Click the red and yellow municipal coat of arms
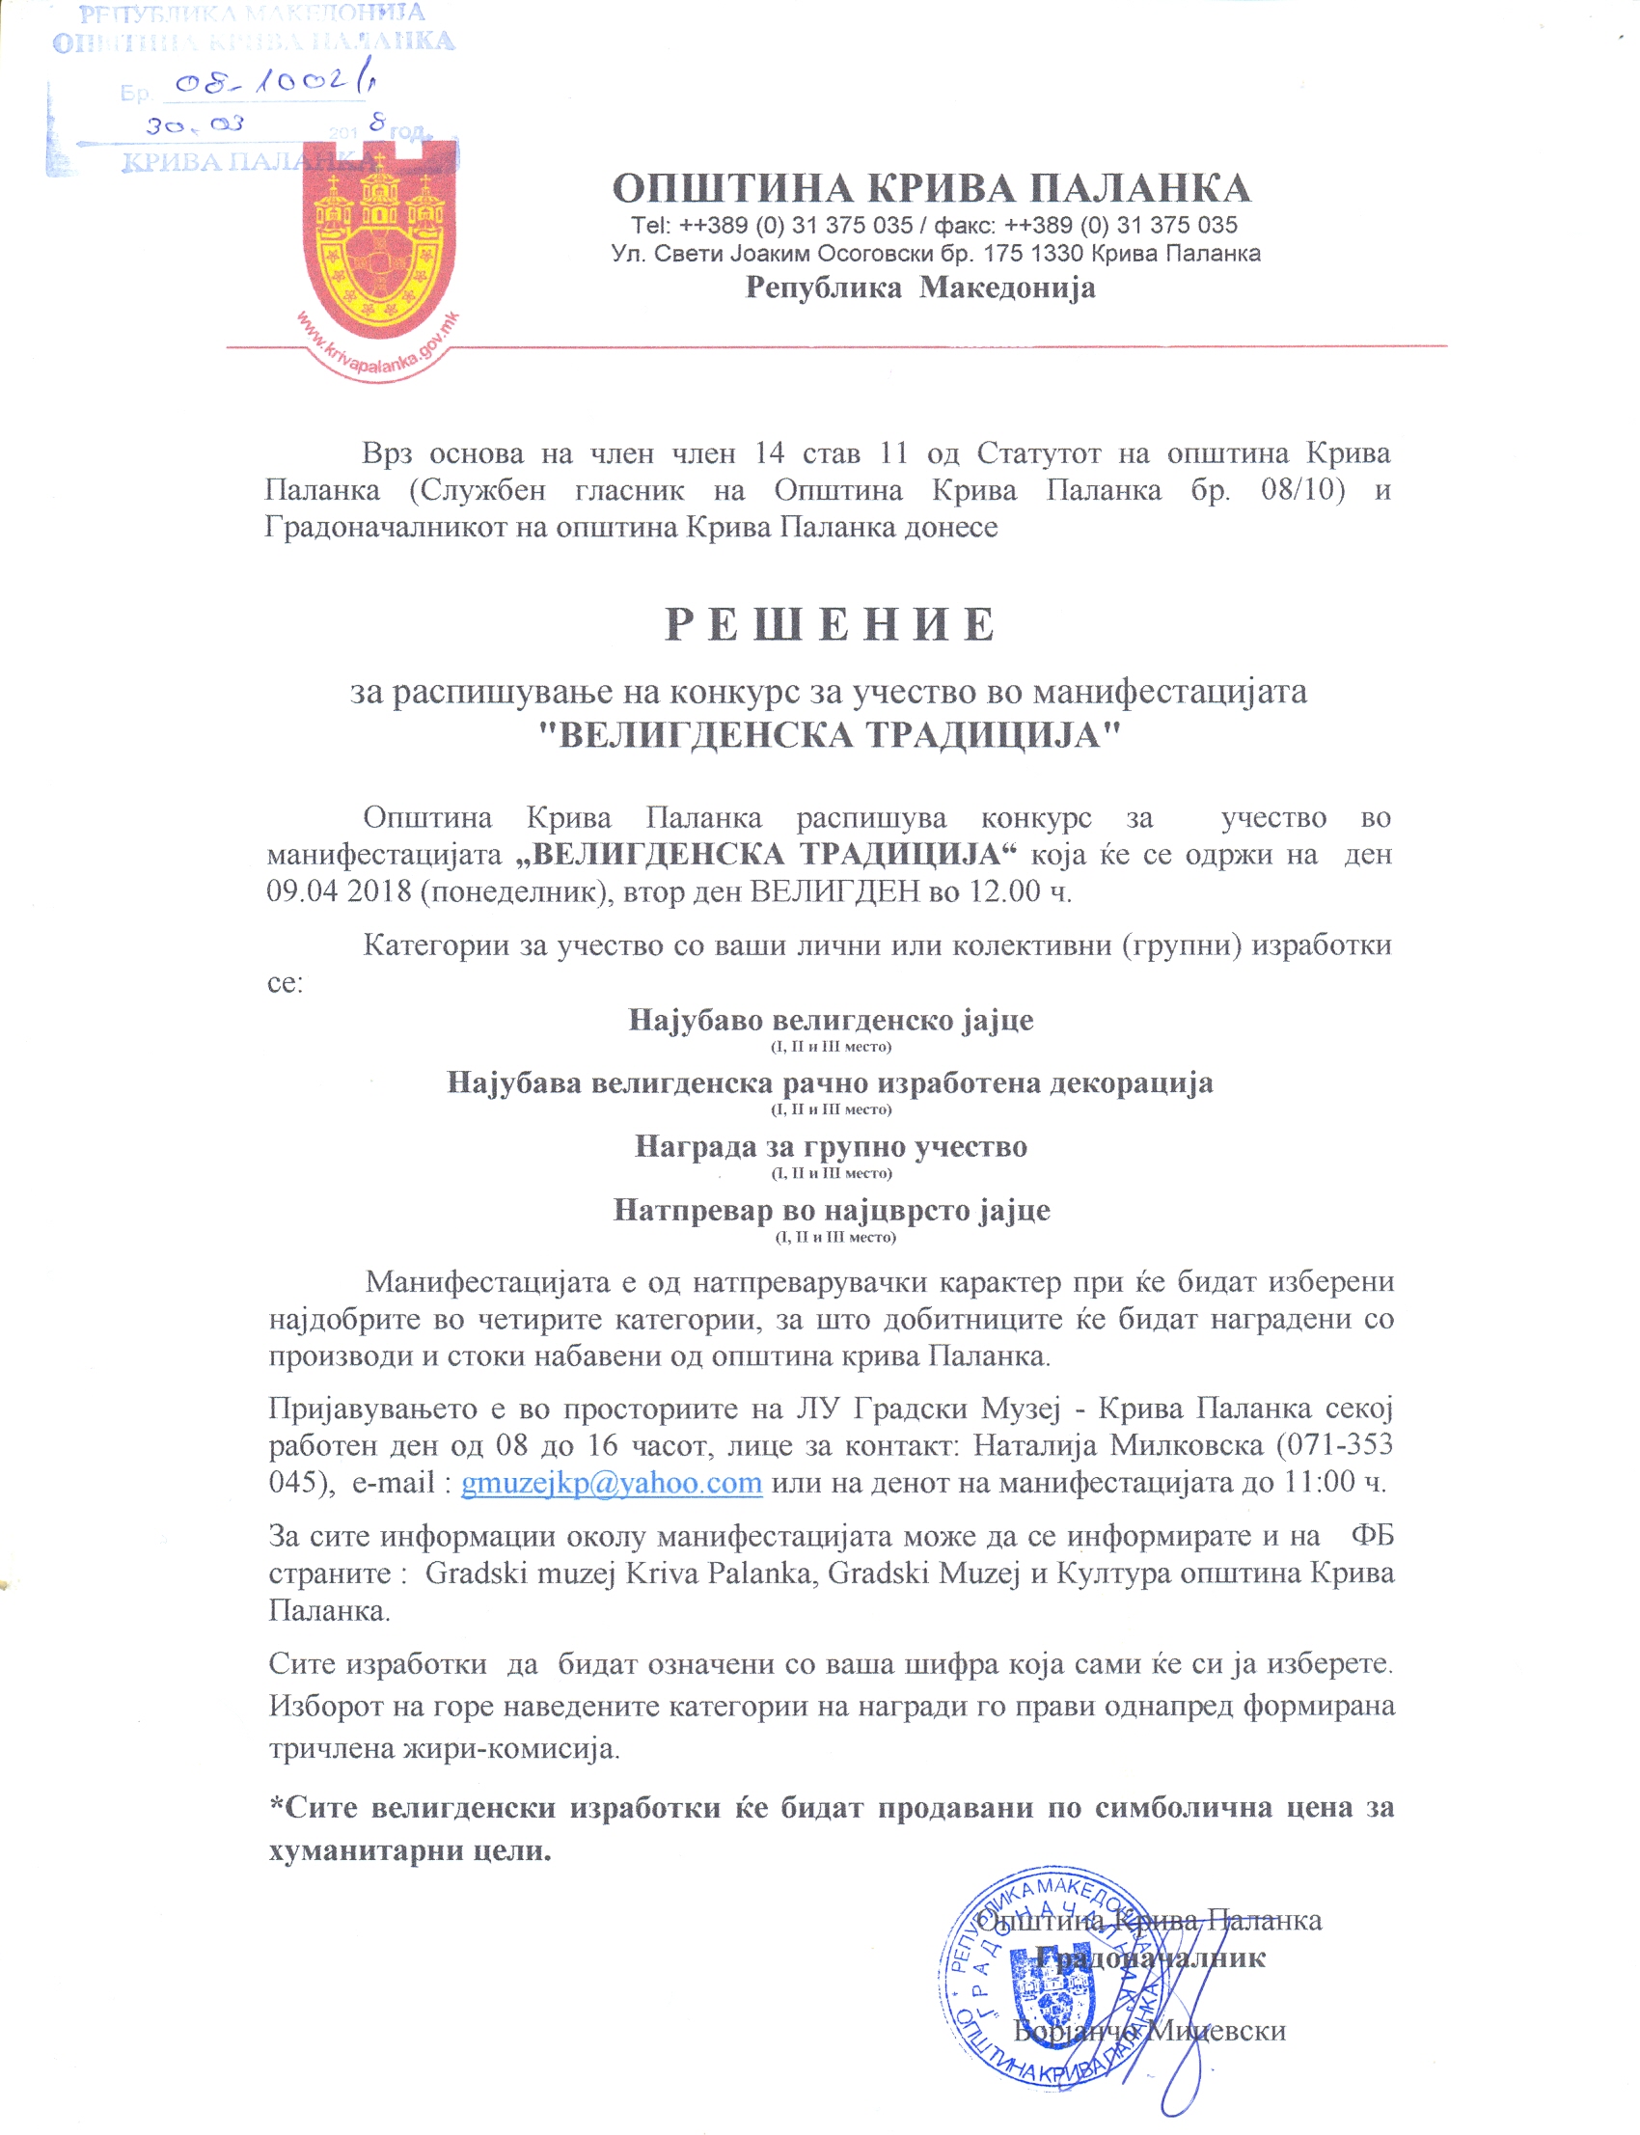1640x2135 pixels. (x=379, y=239)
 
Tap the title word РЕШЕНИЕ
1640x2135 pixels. (x=830, y=625)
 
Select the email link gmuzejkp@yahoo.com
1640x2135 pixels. (x=611, y=1483)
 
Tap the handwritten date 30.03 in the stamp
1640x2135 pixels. (x=195, y=125)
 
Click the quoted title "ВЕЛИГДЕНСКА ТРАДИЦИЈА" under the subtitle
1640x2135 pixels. (x=830, y=735)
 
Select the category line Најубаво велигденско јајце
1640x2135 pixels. (x=830, y=1020)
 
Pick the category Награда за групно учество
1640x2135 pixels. (x=831, y=1146)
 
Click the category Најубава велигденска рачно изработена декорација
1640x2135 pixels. (x=830, y=1082)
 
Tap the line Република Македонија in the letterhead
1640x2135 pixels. (x=920, y=288)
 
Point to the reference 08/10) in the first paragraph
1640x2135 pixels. (x=1302, y=489)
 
